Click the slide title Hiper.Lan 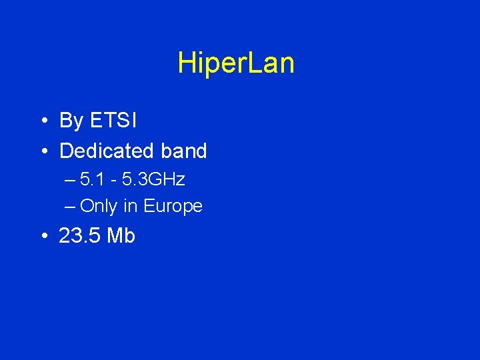236,64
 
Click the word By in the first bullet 71,121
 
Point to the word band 183,151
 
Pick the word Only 98,207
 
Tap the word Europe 173,207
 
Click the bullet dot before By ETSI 42,121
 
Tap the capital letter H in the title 185,64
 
